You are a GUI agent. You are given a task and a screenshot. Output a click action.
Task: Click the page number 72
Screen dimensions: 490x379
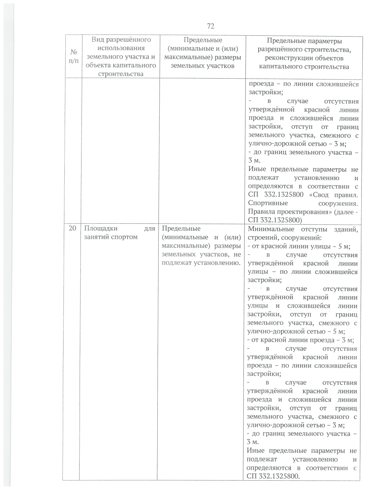coord(211,26)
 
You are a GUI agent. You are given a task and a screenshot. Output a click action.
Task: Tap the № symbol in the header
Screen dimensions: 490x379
coord(73,52)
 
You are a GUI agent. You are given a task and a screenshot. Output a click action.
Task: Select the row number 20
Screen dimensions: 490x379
coord(72,228)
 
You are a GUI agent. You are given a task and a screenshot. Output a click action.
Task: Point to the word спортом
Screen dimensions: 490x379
coord(124,237)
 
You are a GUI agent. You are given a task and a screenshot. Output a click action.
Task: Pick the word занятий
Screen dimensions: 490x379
coord(97,237)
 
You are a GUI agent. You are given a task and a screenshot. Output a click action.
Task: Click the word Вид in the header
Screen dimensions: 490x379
coord(97,40)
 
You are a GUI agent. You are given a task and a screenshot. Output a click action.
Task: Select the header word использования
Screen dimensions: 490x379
coord(121,48)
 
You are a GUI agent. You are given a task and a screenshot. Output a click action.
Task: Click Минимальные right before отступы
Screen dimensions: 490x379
coord(271,229)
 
